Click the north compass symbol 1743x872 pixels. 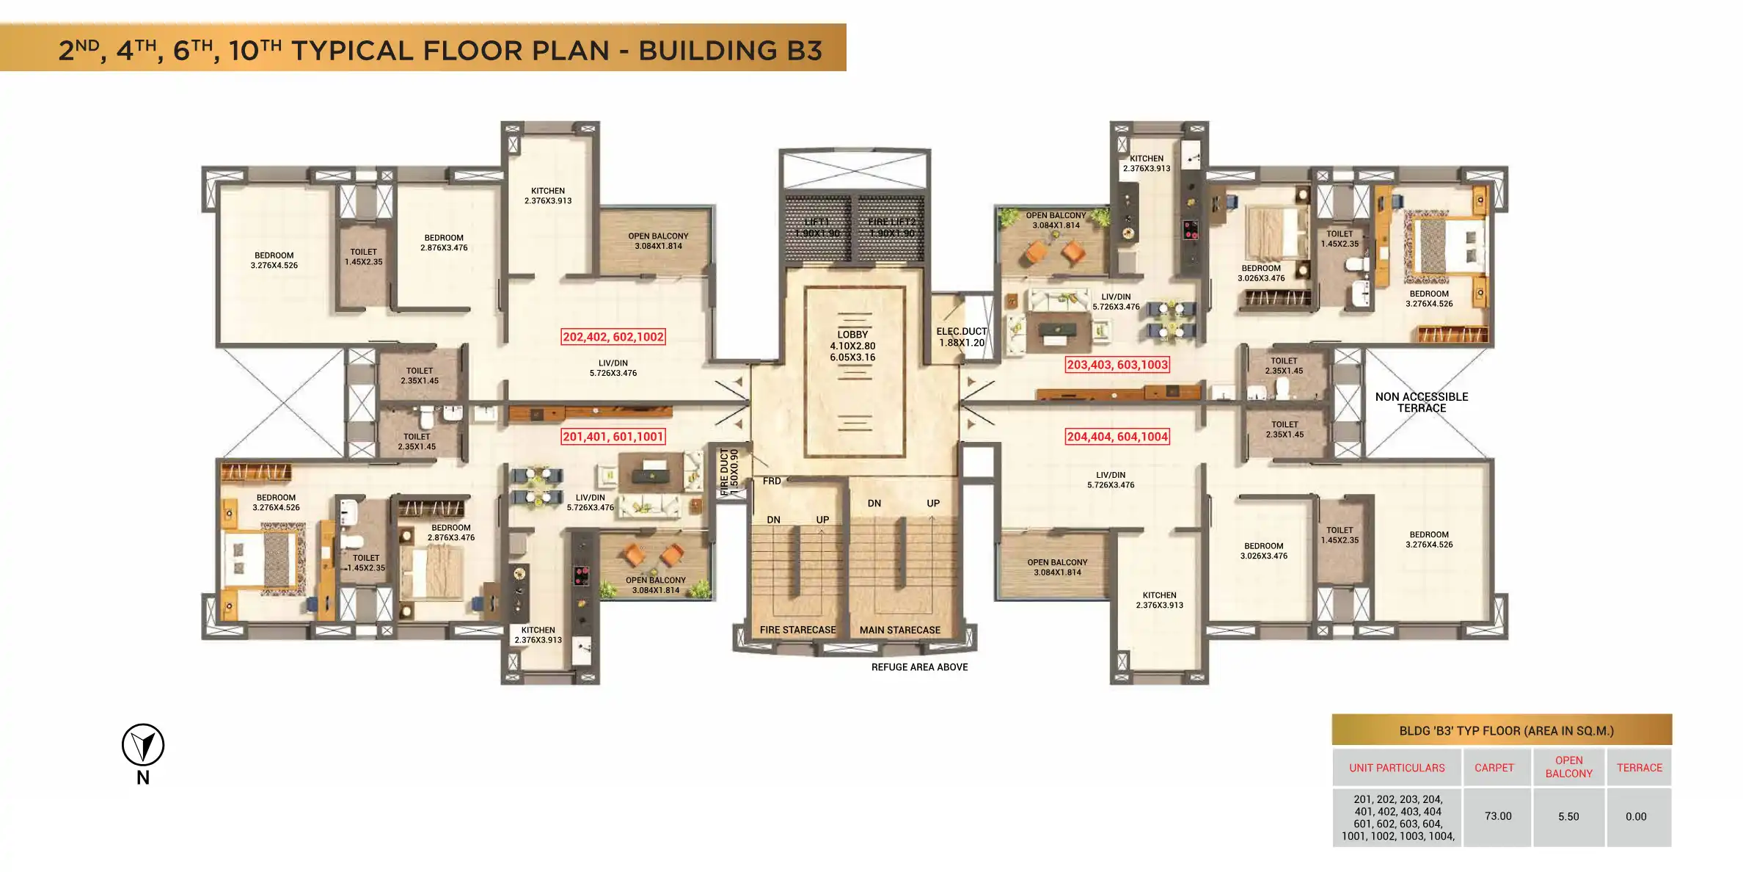point(143,746)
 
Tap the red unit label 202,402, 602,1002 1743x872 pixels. point(613,337)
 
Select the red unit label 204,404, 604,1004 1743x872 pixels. point(1117,437)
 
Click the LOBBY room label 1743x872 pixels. point(852,335)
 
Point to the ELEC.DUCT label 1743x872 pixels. point(961,332)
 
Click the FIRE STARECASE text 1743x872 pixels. point(797,630)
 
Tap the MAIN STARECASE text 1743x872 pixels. point(899,630)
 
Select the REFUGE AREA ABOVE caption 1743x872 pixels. point(919,667)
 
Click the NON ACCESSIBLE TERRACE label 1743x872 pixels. point(1421,402)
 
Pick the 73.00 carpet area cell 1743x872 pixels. point(1497,816)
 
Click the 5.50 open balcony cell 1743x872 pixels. point(1568,816)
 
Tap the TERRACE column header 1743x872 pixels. point(1639,768)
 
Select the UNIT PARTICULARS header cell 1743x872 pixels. point(1397,768)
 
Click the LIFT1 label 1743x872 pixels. point(816,222)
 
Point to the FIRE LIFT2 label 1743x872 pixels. point(891,222)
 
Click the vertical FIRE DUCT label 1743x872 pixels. point(725,472)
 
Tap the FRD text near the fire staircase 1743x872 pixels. point(772,481)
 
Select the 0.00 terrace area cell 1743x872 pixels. point(1636,816)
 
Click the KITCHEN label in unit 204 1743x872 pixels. point(1159,595)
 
